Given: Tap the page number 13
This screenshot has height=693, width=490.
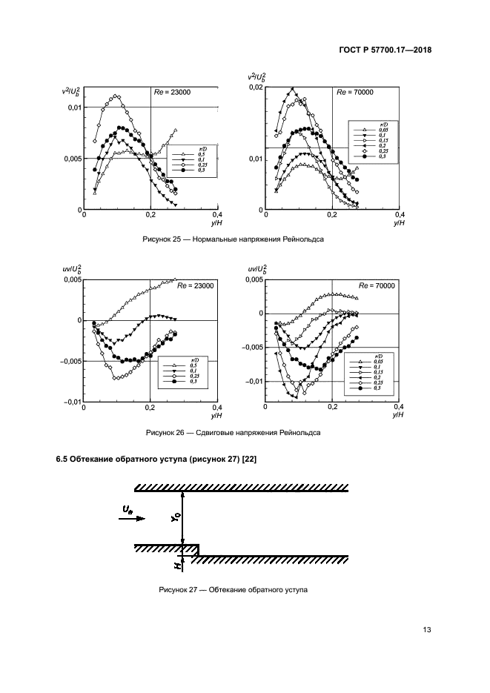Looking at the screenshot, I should [427, 630].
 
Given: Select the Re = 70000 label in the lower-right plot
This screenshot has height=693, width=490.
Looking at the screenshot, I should [377, 286].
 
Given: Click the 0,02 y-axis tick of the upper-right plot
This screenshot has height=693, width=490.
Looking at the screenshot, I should [254, 87].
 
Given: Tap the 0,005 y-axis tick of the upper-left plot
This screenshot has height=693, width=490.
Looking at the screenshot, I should [71, 159].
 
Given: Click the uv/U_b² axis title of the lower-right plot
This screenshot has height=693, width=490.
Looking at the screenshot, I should [254, 269].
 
